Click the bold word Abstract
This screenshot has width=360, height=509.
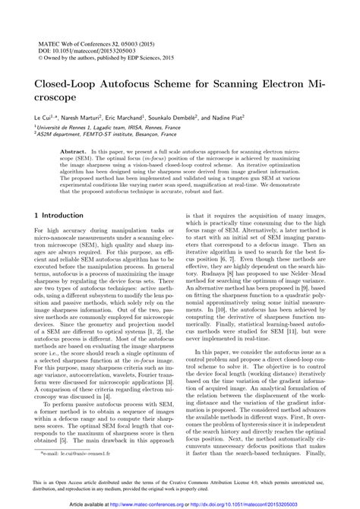click(x=74, y=153)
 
